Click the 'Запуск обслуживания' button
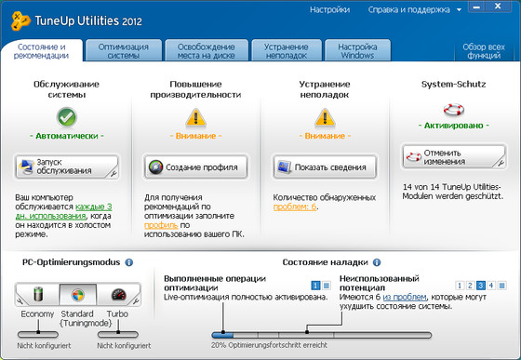(x=66, y=167)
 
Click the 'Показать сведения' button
(x=325, y=167)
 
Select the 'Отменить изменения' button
(x=454, y=156)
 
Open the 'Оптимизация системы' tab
(x=121, y=50)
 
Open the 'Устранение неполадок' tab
(x=287, y=50)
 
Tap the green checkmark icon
(x=66, y=118)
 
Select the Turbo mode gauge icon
(x=117, y=296)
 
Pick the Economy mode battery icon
(x=38, y=296)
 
